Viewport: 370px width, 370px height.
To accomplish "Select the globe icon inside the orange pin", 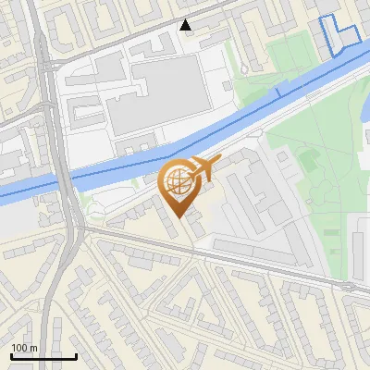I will point(178,181).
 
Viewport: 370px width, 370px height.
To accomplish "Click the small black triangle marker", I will point(186,25).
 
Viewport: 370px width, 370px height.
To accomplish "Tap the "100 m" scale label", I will point(24,348).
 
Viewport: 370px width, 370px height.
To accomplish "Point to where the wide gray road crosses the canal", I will point(65,179).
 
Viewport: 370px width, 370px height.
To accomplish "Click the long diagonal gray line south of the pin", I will point(231,260).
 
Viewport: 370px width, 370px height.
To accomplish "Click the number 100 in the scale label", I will point(18,348).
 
